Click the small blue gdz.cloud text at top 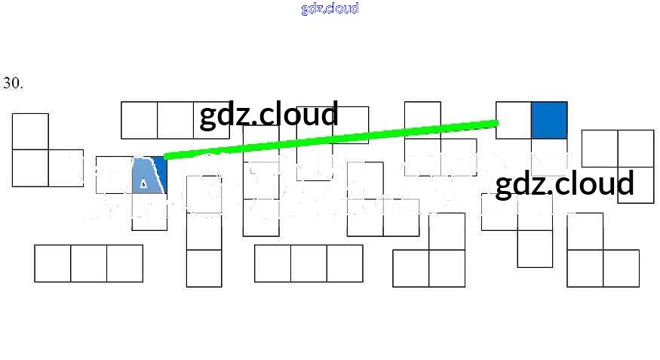tap(330, 8)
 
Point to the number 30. tap(13, 83)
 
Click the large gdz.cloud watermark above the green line tap(269, 115)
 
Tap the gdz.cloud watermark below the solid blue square tap(564, 183)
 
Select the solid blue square tap(549, 120)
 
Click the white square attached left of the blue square tap(514, 120)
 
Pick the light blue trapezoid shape tap(148, 176)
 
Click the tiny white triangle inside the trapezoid tap(143, 182)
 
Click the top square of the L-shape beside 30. tap(30, 131)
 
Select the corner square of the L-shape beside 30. tap(30, 168)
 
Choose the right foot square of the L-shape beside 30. tap(66, 168)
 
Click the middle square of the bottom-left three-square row tap(88, 263)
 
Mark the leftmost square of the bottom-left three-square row tap(53, 263)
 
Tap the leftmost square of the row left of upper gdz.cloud tap(140, 120)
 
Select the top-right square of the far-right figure tap(635, 148)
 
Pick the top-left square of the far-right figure tap(600, 148)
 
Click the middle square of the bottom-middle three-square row tap(309, 263)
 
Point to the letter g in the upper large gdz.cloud tap(208, 117)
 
